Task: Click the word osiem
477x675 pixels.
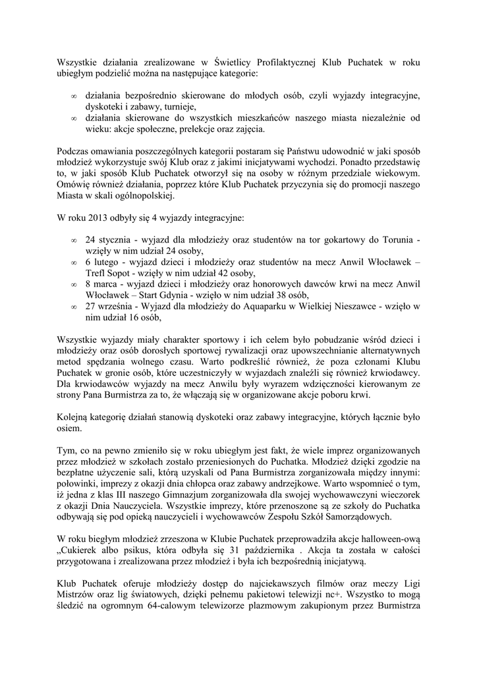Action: click(68, 428)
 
